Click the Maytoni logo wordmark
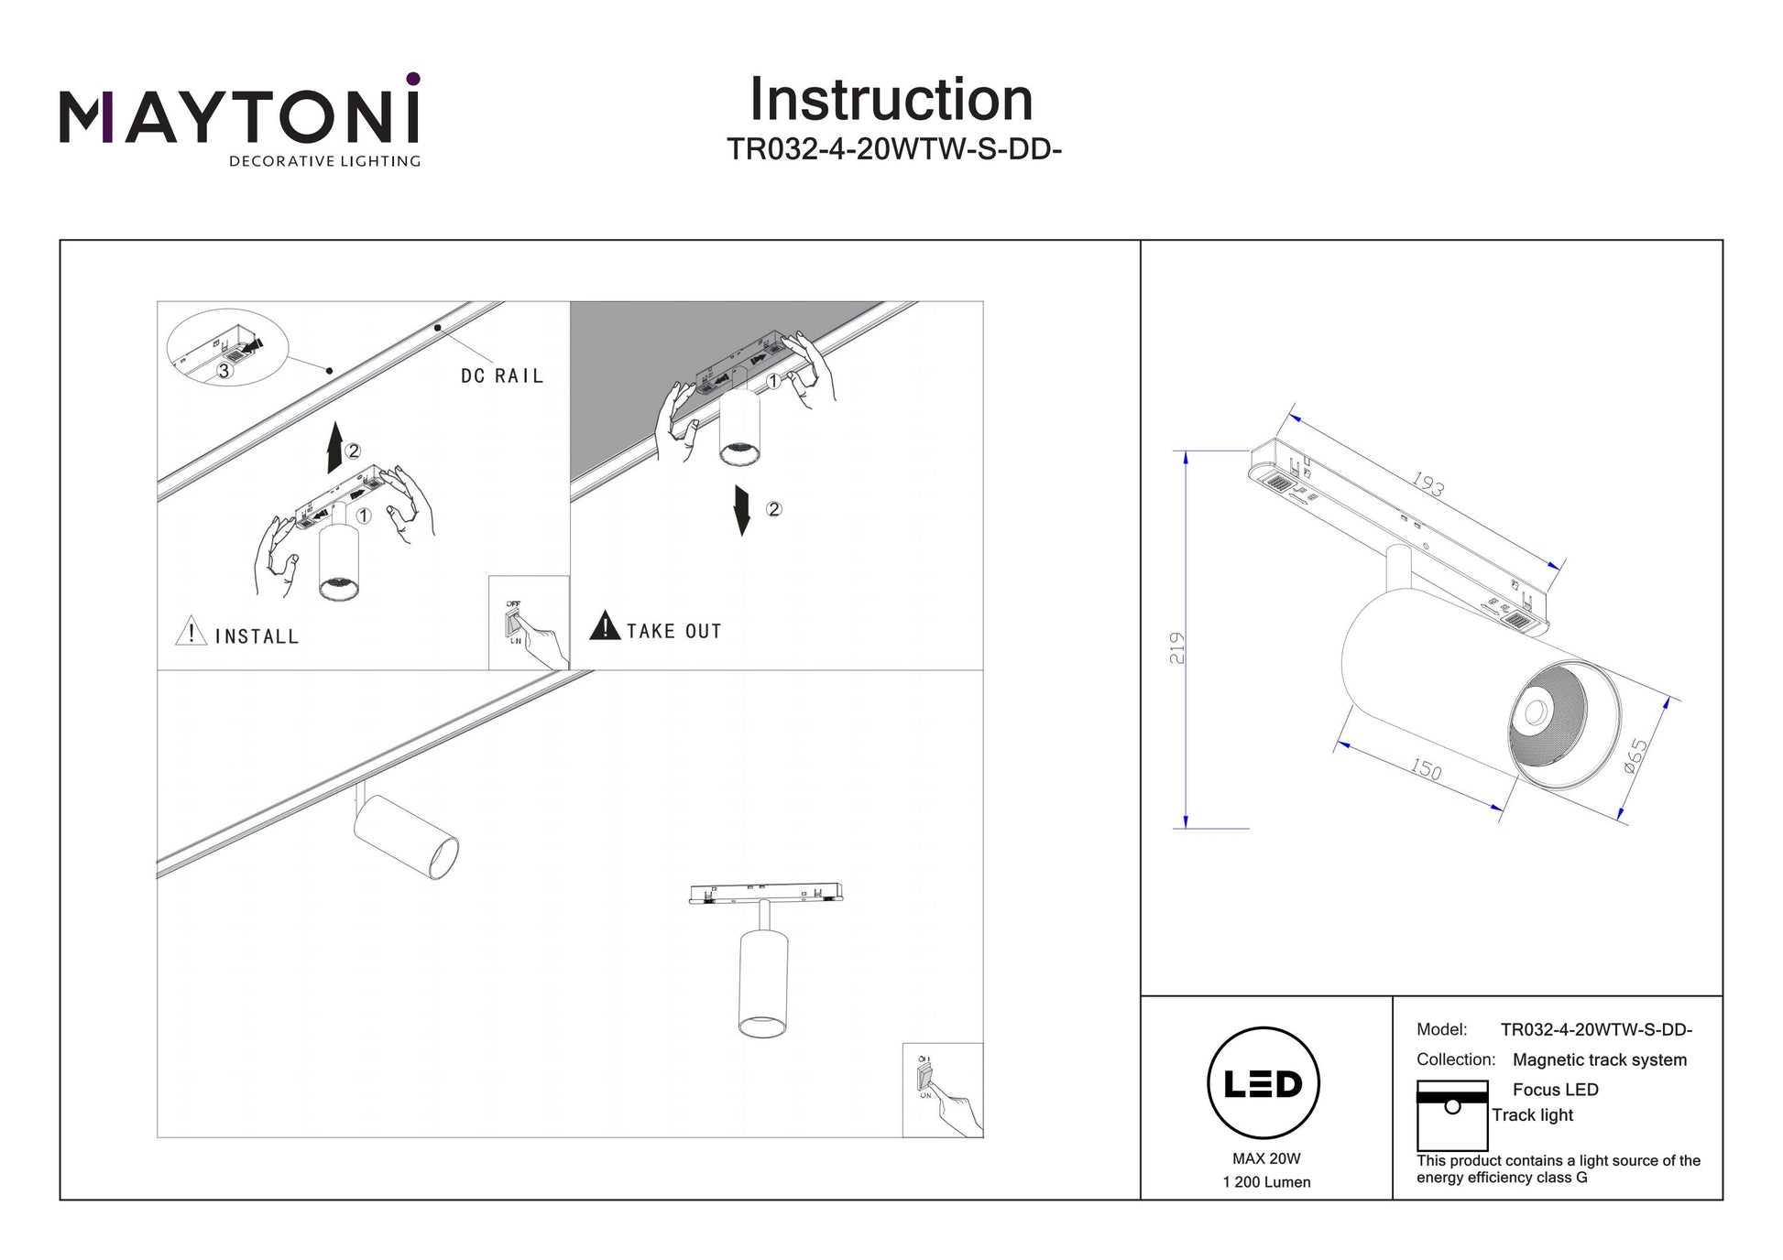(x=240, y=118)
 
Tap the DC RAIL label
(x=502, y=375)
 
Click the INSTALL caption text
(x=257, y=636)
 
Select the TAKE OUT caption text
(x=674, y=631)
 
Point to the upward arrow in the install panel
(x=335, y=448)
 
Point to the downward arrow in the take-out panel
(x=742, y=510)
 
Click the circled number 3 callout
(x=224, y=371)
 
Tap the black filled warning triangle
(x=605, y=626)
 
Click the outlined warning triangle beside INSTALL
(x=191, y=631)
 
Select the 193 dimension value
(x=1427, y=483)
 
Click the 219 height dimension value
(x=1177, y=647)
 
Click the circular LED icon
(x=1263, y=1084)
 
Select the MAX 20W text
(x=1266, y=1158)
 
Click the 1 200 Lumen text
(x=1266, y=1182)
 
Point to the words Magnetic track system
(x=1599, y=1059)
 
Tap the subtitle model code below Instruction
(x=893, y=149)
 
